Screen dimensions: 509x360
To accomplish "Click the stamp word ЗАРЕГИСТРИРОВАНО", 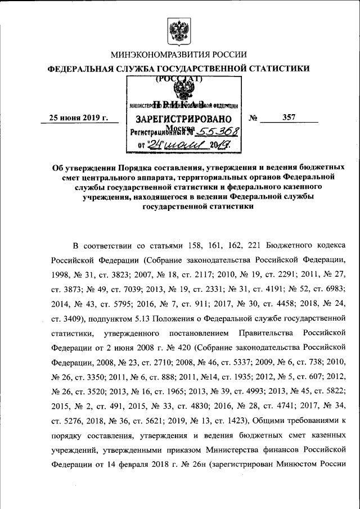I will click(x=183, y=119).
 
